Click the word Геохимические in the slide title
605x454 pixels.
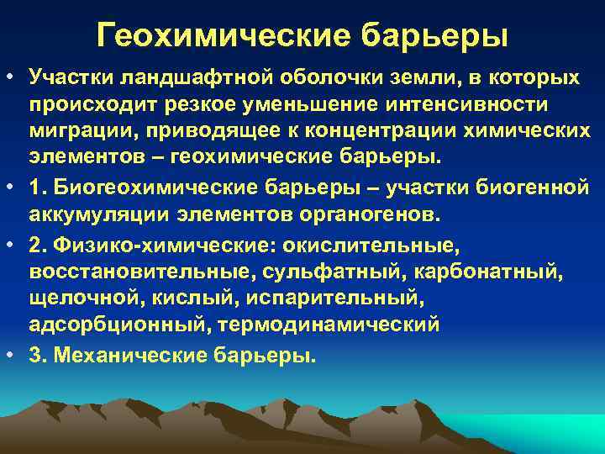222,35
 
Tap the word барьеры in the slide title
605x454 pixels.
434,35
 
